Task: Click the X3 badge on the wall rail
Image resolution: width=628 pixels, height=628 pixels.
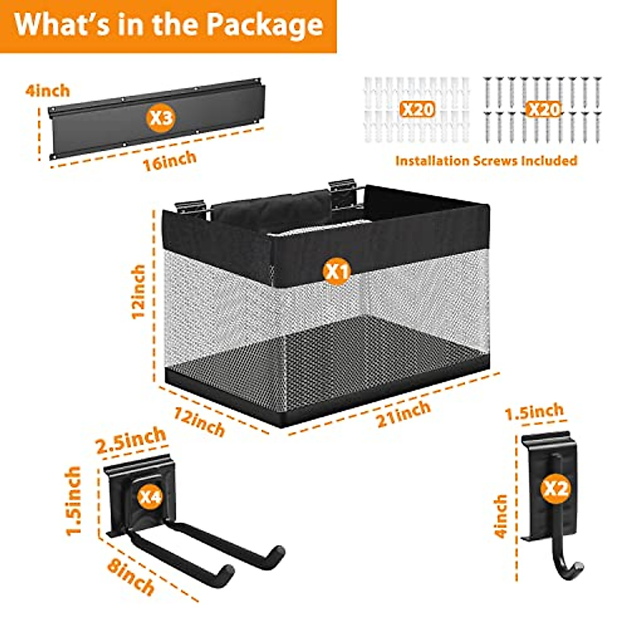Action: (x=161, y=118)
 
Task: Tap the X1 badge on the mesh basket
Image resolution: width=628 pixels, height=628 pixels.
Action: (x=338, y=272)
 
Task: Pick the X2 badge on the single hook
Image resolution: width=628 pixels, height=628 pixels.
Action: (x=555, y=489)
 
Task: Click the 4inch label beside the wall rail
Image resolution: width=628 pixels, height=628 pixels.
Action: (x=47, y=91)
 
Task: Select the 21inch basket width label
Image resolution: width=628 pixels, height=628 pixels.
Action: (x=403, y=413)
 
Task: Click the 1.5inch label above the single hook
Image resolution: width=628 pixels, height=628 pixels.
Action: (x=534, y=412)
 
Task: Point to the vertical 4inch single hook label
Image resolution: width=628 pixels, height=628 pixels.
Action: (x=501, y=516)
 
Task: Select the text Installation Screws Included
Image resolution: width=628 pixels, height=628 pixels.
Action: (x=486, y=161)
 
